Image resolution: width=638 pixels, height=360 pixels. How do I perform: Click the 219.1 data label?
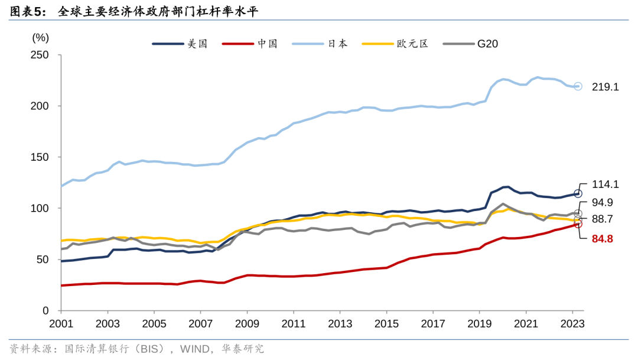[x=606, y=87]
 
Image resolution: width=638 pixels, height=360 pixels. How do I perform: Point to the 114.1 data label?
[x=606, y=184]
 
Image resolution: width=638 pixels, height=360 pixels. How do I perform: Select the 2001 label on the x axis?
[x=61, y=323]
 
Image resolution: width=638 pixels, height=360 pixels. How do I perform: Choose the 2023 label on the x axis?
[x=572, y=323]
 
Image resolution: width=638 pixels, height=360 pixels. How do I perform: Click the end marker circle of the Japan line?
[x=578, y=86]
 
